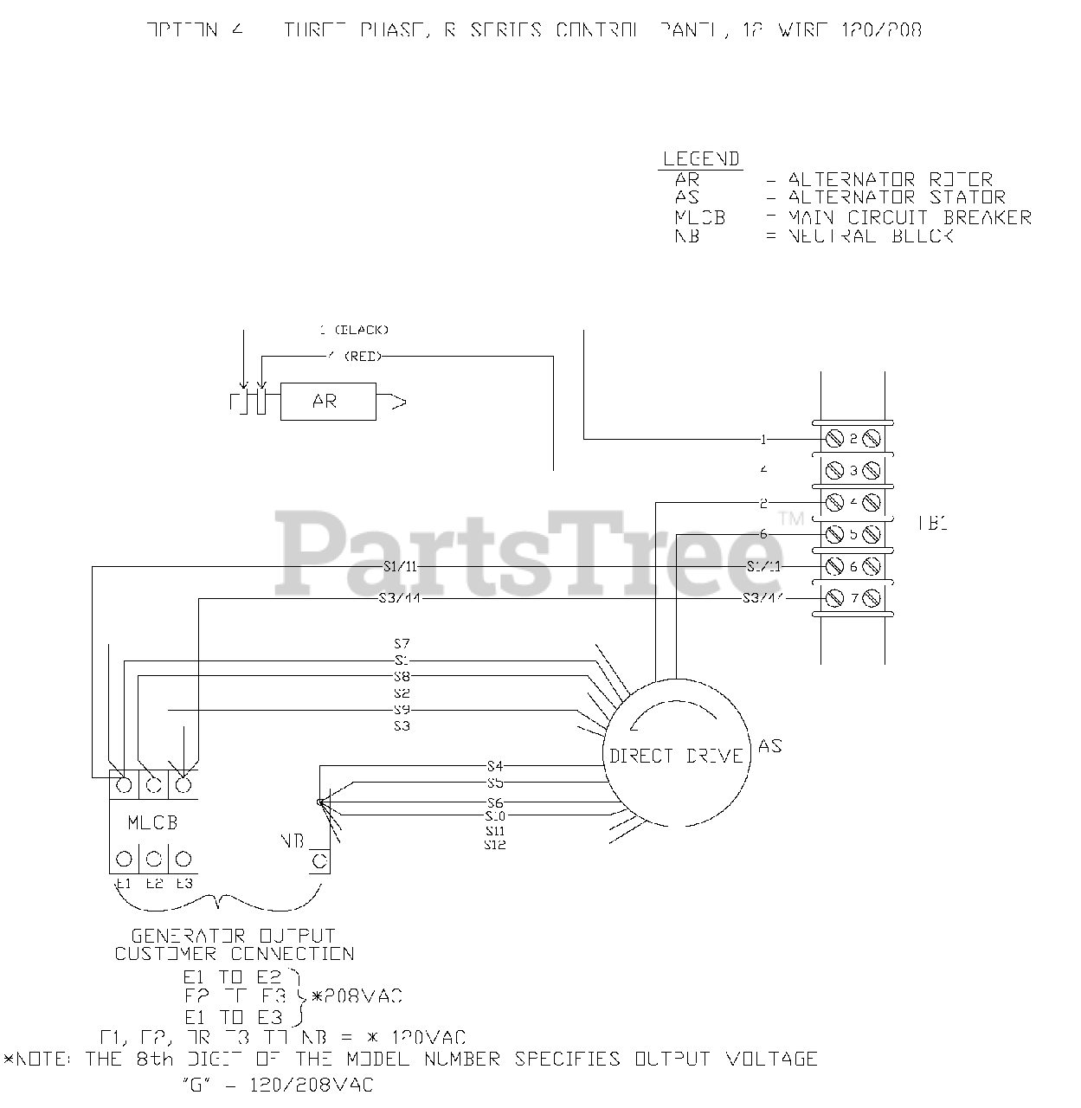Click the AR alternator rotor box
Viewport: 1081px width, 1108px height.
point(328,402)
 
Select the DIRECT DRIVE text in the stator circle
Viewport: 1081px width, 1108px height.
point(676,756)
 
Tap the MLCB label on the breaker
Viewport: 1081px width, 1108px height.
point(152,822)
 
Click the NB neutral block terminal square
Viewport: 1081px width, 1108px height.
point(319,861)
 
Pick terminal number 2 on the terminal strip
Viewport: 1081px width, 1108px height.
point(853,439)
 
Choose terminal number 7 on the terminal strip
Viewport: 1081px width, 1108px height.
point(853,597)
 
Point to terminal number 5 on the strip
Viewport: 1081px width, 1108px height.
point(853,533)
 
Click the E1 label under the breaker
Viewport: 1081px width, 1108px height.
point(122,884)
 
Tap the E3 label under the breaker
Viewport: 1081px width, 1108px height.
point(183,884)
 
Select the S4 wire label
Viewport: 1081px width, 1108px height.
point(495,765)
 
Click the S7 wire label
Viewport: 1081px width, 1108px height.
point(402,644)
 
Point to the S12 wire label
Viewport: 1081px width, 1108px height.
point(495,844)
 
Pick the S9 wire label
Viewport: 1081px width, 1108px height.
point(402,710)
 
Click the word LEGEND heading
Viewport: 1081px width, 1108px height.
point(701,159)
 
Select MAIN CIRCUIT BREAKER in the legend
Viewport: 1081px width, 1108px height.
point(910,217)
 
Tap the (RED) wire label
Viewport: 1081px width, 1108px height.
point(363,356)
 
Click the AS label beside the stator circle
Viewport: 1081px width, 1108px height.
point(769,745)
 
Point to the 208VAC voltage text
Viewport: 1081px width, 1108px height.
point(362,996)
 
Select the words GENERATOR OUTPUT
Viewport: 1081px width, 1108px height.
point(233,936)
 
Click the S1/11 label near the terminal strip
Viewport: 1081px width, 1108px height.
point(763,566)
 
